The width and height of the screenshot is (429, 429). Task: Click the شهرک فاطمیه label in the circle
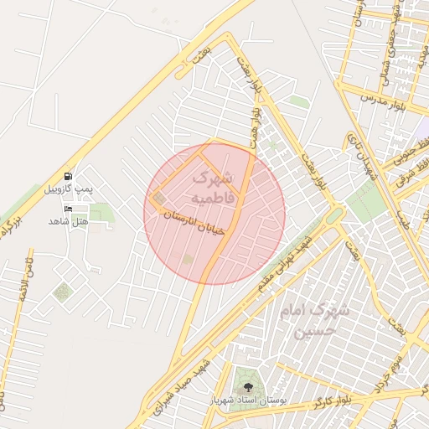click(x=214, y=188)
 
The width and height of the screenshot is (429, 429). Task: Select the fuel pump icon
click(x=68, y=177)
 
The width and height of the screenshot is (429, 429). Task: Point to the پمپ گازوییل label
click(x=73, y=190)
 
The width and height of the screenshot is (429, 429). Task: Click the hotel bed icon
click(x=68, y=208)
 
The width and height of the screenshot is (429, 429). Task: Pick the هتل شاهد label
click(x=68, y=220)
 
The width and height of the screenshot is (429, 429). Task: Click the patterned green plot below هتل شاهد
click(x=62, y=292)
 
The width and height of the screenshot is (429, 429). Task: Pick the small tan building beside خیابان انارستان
click(x=158, y=199)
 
